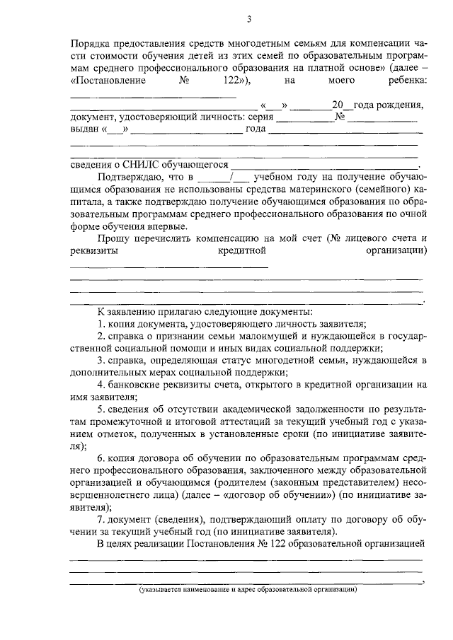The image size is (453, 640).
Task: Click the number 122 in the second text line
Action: click(231, 81)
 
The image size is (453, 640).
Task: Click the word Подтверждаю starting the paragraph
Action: click(130, 176)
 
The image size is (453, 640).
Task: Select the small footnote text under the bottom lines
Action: click(247, 588)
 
